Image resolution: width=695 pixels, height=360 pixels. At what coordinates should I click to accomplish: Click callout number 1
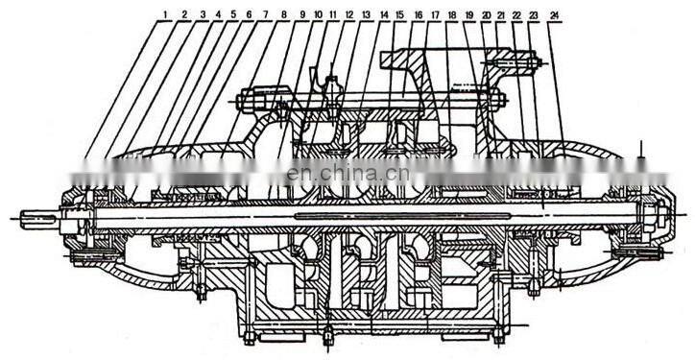tap(165, 15)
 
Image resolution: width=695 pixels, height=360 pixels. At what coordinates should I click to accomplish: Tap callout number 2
tap(184, 15)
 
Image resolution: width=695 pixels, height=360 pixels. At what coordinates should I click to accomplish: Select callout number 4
tap(219, 15)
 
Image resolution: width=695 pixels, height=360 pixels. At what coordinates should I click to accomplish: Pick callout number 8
tap(284, 15)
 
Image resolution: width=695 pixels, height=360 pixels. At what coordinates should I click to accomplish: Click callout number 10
tap(318, 15)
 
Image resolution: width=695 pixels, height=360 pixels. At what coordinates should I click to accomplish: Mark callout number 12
tap(349, 15)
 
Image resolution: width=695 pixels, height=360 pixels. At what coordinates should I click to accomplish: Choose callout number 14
tap(384, 15)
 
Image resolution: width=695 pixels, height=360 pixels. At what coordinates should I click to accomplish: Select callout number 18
tap(451, 15)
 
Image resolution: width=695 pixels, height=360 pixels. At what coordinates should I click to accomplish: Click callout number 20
tap(486, 15)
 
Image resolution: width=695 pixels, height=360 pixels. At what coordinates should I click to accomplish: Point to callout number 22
tap(516, 15)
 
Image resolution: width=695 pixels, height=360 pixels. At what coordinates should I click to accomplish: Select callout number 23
tap(533, 15)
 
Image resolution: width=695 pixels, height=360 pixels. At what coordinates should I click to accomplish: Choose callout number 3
tap(203, 15)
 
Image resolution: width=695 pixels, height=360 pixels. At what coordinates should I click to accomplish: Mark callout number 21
tap(501, 15)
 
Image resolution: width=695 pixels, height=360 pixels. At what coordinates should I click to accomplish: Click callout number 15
tap(399, 15)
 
